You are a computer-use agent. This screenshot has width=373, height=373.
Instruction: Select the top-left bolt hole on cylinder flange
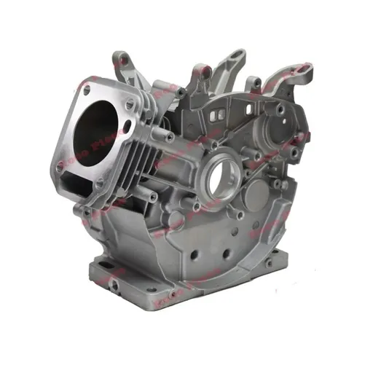point(87,89)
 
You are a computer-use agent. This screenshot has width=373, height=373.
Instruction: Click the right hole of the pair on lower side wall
point(225,256)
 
